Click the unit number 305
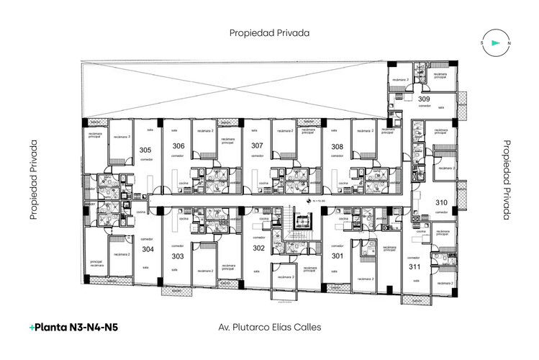point(145,150)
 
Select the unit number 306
point(178,146)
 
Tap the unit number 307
point(257,145)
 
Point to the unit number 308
point(337,146)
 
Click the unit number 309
point(425,99)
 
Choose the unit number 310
point(442,202)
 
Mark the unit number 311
point(414,266)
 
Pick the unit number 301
point(337,256)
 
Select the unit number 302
point(258,248)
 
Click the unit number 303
point(178,256)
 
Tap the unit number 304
point(148,249)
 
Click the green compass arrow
point(495,43)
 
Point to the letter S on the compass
point(481,43)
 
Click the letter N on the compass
point(509,43)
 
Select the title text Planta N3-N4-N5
point(73,327)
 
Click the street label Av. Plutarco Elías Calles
point(269,327)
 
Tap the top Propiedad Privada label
point(269,32)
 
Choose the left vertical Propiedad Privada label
point(33,180)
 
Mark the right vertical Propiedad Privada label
point(506,180)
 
